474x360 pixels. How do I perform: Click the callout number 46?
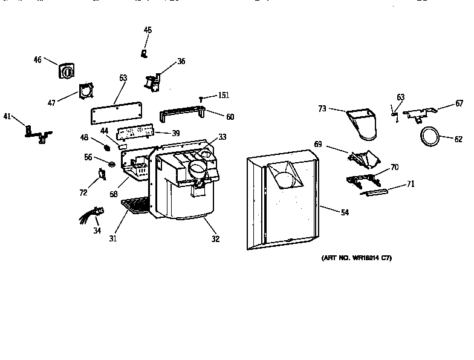pyautogui.click(x=37, y=59)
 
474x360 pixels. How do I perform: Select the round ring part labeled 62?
pyautogui.click(x=429, y=137)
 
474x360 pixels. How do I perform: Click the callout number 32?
pyautogui.click(x=215, y=238)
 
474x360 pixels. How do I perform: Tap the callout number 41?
pyautogui.click(x=7, y=116)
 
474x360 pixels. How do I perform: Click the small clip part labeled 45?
pyautogui.click(x=144, y=53)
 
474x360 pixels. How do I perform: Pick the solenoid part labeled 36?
pyautogui.click(x=152, y=81)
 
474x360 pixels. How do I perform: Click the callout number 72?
pyautogui.click(x=83, y=192)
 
